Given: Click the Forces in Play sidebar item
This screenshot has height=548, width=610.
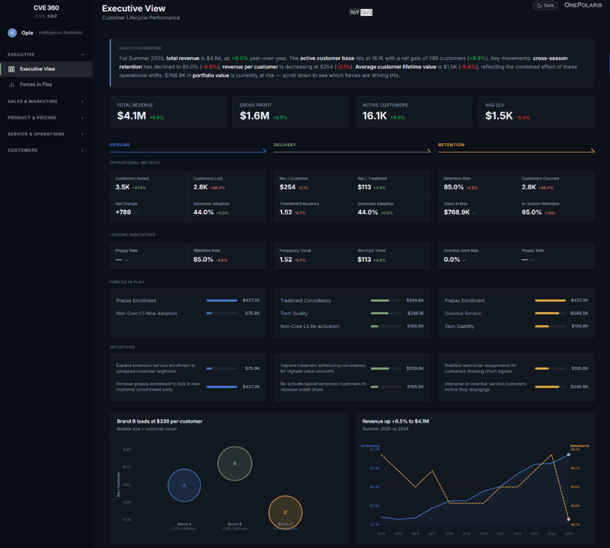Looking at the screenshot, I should [x=36, y=84].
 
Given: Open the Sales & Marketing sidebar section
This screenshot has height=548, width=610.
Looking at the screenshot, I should [x=33, y=101].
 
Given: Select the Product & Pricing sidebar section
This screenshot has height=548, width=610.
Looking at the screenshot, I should [x=32, y=118].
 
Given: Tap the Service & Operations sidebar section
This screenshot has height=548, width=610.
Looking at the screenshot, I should [x=36, y=134].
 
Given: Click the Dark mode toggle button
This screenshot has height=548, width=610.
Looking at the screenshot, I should [x=545, y=5].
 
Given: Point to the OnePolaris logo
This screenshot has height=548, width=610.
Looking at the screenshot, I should [x=583, y=5].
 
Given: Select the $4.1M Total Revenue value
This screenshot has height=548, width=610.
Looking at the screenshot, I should [x=132, y=116].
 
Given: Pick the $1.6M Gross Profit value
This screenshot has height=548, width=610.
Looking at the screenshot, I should [x=254, y=116].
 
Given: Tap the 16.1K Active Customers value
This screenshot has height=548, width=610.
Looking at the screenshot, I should [x=376, y=116].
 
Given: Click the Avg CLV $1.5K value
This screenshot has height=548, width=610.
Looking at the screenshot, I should [x=500, y=116].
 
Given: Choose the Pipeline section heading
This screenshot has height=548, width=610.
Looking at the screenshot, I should [x=120, y=145].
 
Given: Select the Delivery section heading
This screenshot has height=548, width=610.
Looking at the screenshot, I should [x=285, y=145].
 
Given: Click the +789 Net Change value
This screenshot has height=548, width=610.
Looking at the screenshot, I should [x=123, y=212].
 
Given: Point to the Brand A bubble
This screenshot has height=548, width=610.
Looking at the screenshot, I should [x=184, y=484].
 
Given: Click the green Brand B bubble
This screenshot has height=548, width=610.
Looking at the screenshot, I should [x=235, y=464].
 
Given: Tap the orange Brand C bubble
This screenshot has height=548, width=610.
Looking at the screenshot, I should [x=286, y=512].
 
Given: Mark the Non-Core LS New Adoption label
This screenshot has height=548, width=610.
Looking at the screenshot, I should [x=146, y=314].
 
